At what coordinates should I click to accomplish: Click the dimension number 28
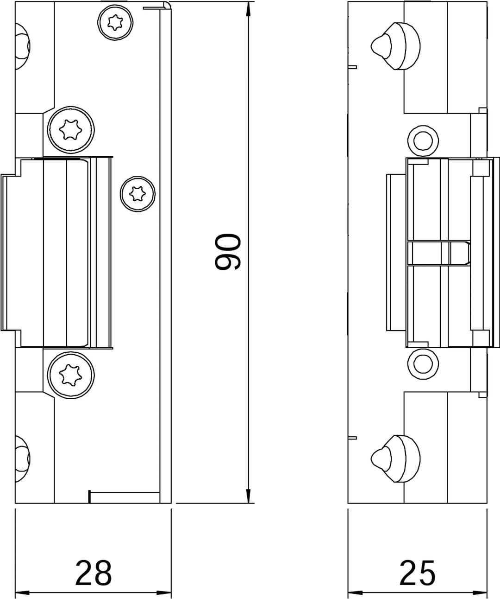[x=94, y=573]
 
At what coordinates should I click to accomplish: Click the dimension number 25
[x=417, y=573]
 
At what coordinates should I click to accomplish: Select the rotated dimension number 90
[x=228, y=252]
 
